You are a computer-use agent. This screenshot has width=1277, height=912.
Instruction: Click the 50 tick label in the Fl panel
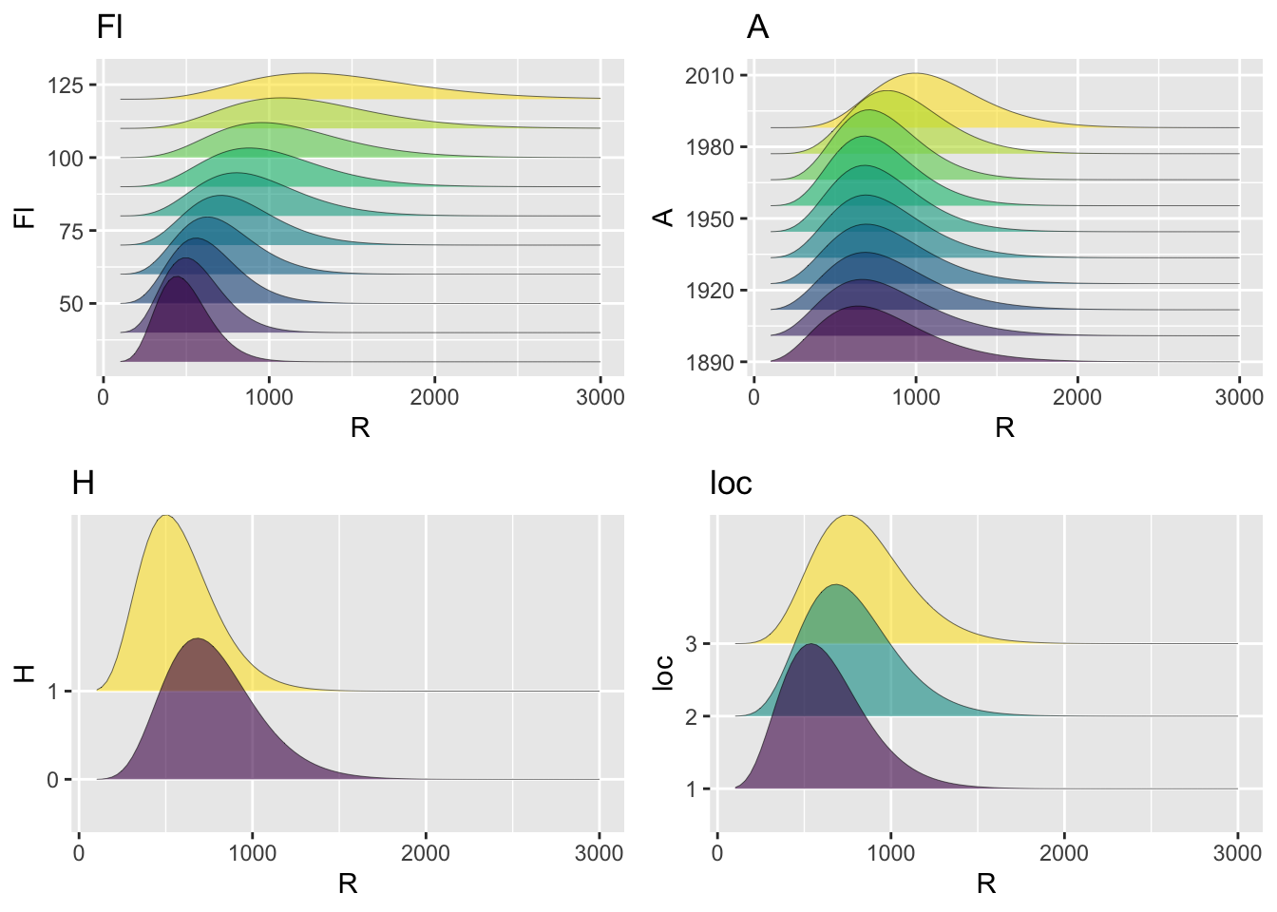coord(71,304)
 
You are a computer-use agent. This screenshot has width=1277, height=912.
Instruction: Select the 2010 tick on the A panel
coord(710,76)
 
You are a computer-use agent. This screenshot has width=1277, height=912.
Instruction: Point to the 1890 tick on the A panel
coord(710,363)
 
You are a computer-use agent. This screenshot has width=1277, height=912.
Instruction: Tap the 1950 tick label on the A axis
coord(710,219)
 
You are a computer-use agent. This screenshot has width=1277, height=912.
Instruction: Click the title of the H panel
coord(83,484)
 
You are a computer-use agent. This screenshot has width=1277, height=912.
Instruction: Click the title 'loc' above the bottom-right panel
coord(731,484)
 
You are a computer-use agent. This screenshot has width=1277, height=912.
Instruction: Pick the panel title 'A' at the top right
coord(757,28)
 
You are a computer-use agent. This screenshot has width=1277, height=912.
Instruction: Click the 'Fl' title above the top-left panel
coord(109,28)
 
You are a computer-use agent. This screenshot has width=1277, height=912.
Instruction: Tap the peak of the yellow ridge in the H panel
coord(167,516)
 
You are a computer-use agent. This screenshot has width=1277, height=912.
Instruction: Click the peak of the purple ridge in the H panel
coord(197,639)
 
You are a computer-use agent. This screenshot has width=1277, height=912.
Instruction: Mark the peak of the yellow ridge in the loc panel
coord(847,516)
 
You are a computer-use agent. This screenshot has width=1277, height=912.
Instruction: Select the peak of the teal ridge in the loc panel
coord(835,585)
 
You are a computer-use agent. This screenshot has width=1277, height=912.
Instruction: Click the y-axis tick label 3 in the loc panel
coord(692,644)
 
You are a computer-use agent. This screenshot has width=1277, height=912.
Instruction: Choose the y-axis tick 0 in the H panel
coord(52,780)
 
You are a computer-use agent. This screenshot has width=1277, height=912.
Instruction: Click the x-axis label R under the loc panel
coord(986,884)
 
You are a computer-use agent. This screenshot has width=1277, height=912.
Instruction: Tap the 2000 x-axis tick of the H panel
coord(426,853)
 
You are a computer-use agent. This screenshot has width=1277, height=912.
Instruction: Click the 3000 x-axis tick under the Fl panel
coord(600,397)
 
